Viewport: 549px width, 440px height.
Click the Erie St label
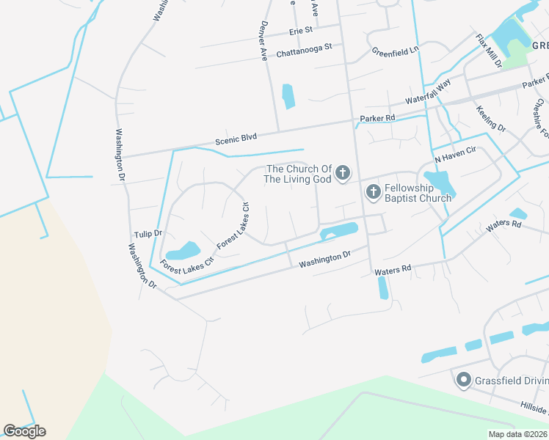(301, 30)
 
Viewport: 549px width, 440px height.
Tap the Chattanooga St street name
(304, 50)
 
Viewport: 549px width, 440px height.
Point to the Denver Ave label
(262, 40)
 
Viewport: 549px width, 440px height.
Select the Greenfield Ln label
(395, 51)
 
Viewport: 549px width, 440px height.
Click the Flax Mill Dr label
(488, 51)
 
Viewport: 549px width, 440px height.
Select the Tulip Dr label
(148, 233)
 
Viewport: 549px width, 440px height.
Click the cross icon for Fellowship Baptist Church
(373, 192)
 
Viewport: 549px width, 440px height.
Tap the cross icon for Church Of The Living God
(341, 174)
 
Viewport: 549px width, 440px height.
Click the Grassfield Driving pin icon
(463, 380)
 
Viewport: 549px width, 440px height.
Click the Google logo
(24, 431)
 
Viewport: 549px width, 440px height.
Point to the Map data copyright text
(517, 434)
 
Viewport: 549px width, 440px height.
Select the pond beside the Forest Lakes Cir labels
(183, 251)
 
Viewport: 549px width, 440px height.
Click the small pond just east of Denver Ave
(288, 95)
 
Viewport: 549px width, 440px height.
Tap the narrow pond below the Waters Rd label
(383, 288)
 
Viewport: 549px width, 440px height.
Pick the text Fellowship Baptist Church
(418, 193)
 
